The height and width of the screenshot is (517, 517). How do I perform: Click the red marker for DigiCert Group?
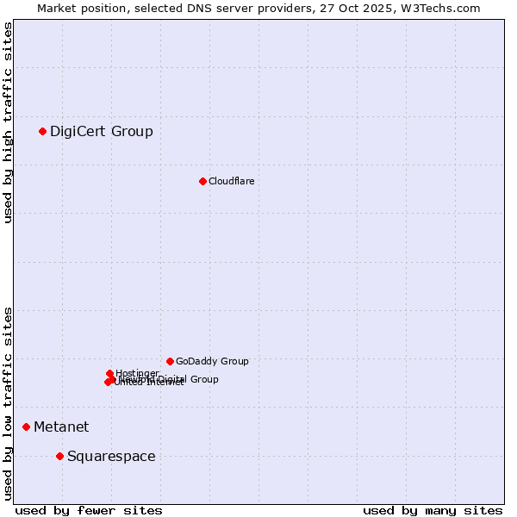42,131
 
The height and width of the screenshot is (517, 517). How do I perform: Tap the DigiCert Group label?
101,131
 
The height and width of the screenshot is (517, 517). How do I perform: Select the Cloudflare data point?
202,181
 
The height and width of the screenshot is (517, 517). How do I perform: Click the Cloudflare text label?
231,181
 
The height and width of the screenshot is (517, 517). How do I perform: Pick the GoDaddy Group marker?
170,361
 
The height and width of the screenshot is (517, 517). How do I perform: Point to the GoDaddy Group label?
212,361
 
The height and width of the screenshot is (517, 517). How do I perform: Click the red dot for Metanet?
26,427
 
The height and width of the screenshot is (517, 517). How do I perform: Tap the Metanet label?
61,427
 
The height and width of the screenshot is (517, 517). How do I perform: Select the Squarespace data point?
59,456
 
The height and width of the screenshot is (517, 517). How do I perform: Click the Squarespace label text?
111,456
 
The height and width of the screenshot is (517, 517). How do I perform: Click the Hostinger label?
137,373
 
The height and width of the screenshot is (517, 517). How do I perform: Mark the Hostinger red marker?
109,373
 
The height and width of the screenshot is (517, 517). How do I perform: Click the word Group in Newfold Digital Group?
204,379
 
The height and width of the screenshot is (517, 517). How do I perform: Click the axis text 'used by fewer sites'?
89,510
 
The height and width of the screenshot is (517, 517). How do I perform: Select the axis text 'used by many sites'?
433,510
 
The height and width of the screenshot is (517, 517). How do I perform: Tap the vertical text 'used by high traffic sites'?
9,122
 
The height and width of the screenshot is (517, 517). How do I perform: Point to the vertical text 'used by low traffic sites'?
9,403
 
